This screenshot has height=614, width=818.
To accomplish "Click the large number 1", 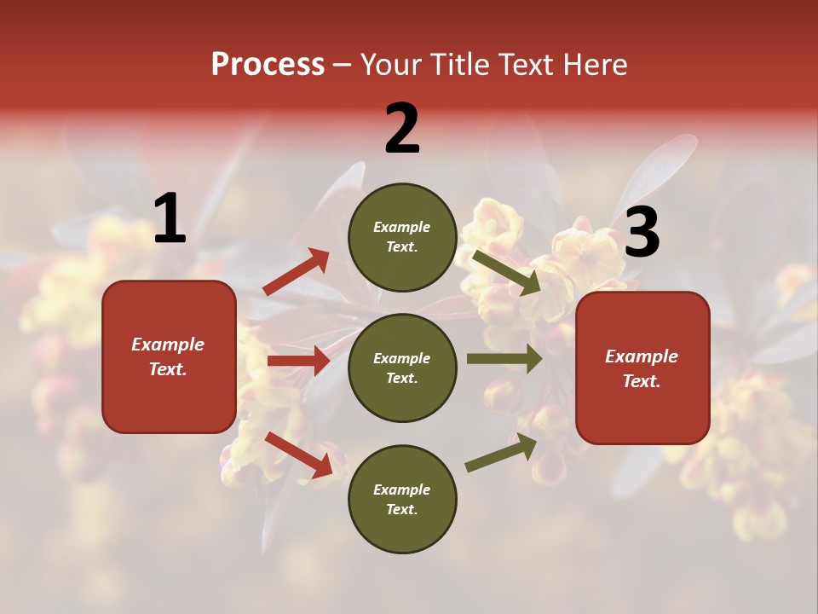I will (170, 219).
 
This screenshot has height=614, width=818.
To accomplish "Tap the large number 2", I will (402, 129).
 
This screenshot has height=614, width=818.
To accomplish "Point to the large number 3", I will (642, 233).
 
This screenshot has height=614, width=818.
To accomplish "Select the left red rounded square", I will (169, 356).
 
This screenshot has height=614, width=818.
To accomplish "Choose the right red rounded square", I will (642, 368).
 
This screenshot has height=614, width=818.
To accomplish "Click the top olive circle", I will (402, 237).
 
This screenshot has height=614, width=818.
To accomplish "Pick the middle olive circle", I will (402, 368).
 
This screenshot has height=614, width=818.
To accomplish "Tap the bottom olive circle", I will (402, 499).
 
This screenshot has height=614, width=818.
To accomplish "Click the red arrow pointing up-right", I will (297, 272).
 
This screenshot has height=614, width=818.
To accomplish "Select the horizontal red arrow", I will (298, 361).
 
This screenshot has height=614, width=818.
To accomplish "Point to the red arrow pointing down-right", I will (298, 454).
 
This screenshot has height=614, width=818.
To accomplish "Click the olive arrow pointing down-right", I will (507, 272).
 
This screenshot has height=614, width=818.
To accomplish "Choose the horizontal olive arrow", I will (504, 358).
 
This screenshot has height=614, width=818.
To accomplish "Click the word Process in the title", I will (268, 64).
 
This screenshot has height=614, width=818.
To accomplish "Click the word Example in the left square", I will (168, 345).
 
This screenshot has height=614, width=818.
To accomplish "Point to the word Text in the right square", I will (640, 381).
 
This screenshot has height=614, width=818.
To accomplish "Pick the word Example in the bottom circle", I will (401, 489).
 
